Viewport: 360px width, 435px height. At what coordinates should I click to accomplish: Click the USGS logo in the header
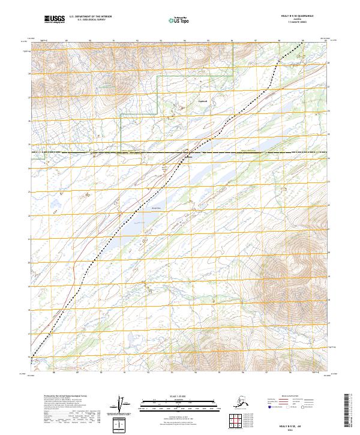pyautogui.click(x=55, y=19)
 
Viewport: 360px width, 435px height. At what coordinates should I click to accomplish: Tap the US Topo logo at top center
pyautogui.click(x=176, y=19)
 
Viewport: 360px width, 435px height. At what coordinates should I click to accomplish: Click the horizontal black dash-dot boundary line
pyautogui.click(x=252, y=153)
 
